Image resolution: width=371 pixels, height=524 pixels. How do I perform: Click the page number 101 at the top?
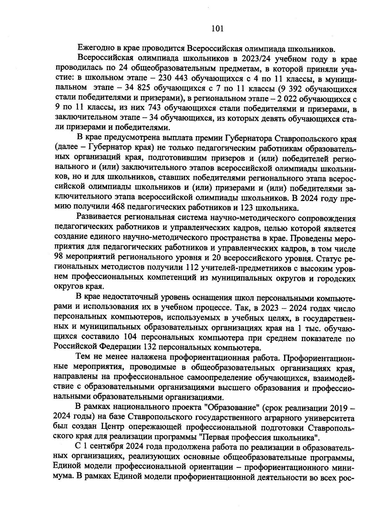[217, 29]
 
